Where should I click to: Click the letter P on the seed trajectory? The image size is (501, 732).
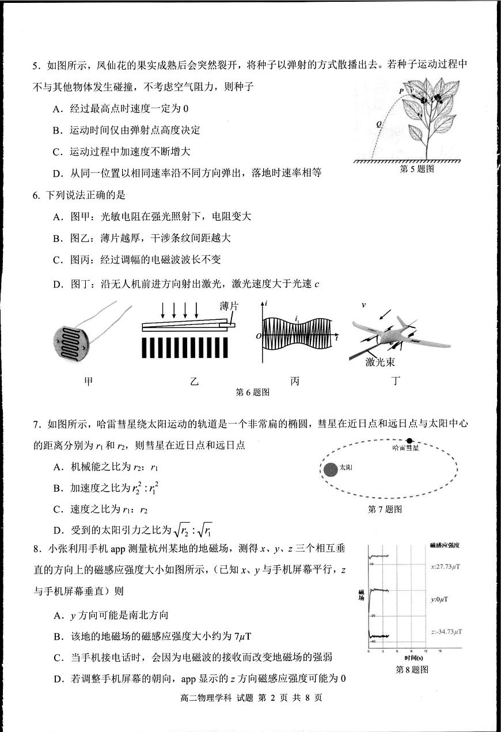[x=401, y=91]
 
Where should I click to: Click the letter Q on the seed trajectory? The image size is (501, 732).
[x=378, y=123]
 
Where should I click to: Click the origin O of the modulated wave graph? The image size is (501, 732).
[x=259, y=336]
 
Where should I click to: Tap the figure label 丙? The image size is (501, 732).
[x=295, y=381]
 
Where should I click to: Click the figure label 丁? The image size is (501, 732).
[x=395, y=381]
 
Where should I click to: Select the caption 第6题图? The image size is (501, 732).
[x=253, y=393]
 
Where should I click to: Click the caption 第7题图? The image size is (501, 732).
[x=384, y=509]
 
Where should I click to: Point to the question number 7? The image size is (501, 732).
[x=36, y=425]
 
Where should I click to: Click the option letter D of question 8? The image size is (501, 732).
[x=58, y=678]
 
